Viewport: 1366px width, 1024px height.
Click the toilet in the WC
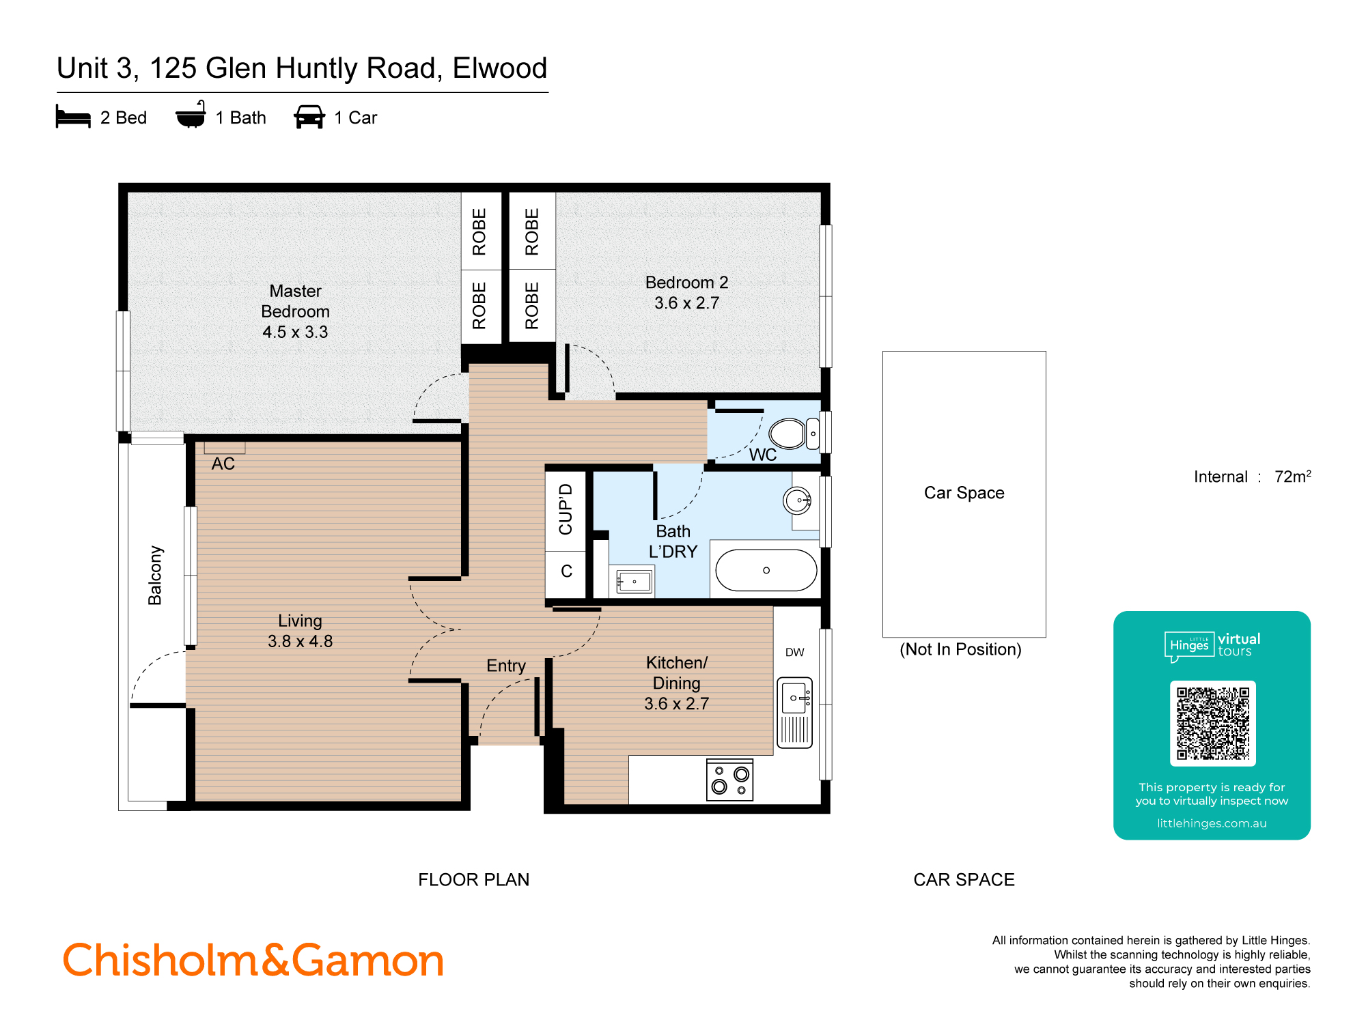pyautogui.click(x=789, y=433)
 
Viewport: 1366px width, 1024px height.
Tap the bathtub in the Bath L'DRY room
pyautogui.click(x=766, y=570)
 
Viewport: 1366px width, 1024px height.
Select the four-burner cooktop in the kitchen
pyautogui.click(x=729, y=780)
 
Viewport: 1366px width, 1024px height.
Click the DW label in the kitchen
pyautogui.click(x=794, y=652)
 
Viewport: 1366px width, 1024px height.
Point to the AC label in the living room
pyautogui.click(x=223, y=464)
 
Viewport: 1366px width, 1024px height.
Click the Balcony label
pyautogui.click(x=156, y=575)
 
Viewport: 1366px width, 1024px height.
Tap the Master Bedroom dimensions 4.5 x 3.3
pyautogui.click(x=295, y=332)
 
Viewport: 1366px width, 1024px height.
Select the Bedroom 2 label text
pyautogui.click(x=686, y=282)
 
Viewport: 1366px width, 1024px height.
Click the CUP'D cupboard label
pyautogui.click(x=566, y=509)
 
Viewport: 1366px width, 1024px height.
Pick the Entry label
pyautogui.click(x=505, y=666)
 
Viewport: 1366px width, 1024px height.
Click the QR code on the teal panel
pyautogui.click(x=1212, y=723)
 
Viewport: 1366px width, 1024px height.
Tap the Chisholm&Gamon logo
pyautogui.click(x=253, y=961)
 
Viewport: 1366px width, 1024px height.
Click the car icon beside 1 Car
pyautogui.click(x=309, y=117)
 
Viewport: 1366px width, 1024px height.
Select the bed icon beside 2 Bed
pyautogui.click(x=73, y=117)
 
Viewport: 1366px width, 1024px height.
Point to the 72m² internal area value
pyautogui.click(x=1292, y=477)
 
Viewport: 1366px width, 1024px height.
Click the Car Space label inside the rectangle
pyautogui.click(x=964, y=493)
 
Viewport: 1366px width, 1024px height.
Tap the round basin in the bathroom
pyautogui.click(x=797, y=500)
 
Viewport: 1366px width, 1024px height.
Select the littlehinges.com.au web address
pyautogui.click(x=1211, y=823)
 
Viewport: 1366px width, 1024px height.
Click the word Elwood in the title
pyautogui.click(x=499, y=68)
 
